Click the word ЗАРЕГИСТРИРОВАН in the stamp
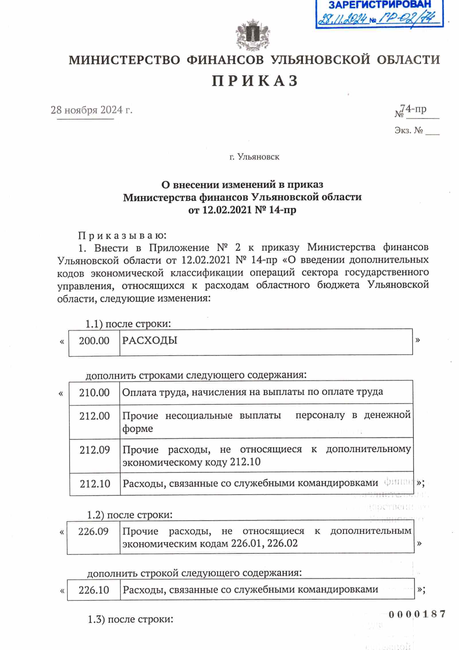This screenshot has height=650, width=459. click(x=379, y=5)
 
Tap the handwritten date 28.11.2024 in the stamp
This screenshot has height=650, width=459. click(x=342, y=19)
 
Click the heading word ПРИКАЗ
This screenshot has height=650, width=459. click(x=255, y=81)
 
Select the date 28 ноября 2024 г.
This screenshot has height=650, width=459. click(x=91, y=110)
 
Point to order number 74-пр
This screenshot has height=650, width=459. click(x=415, y=109)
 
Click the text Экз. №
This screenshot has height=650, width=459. click(x=409, y=131)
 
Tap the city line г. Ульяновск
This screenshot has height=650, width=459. click(x=254, y=157)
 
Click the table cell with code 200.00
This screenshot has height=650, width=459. click(x=94, y=341)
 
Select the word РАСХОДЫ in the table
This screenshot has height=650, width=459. click(x=150, y=340)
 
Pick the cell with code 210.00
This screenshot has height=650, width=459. click(x=94, y=392)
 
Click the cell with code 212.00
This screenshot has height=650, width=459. click(x=94, y=416)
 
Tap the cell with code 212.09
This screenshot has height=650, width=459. click(x=94, y=450)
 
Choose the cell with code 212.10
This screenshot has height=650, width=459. click(x=95, y=484)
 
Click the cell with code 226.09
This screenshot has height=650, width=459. click(x=93, y=531)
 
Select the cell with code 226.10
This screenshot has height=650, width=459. click(x=94, y=590)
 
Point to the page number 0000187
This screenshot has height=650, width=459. click(x=417, y=614)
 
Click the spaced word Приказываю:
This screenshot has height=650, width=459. click(x=122, y=235)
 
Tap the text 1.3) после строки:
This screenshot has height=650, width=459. click(x=130, y=619)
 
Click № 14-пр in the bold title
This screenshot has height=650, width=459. click(x=275, y=210)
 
